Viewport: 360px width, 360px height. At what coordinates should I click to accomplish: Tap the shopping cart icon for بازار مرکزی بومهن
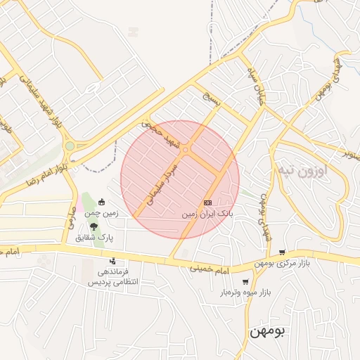282,252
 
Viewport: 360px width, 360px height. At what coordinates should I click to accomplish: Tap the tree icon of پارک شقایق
94,226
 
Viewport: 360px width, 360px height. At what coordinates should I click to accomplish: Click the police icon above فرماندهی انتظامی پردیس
112,262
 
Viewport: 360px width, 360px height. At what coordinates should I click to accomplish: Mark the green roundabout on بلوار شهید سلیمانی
70,146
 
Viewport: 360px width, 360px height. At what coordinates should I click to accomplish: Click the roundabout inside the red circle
186,148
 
